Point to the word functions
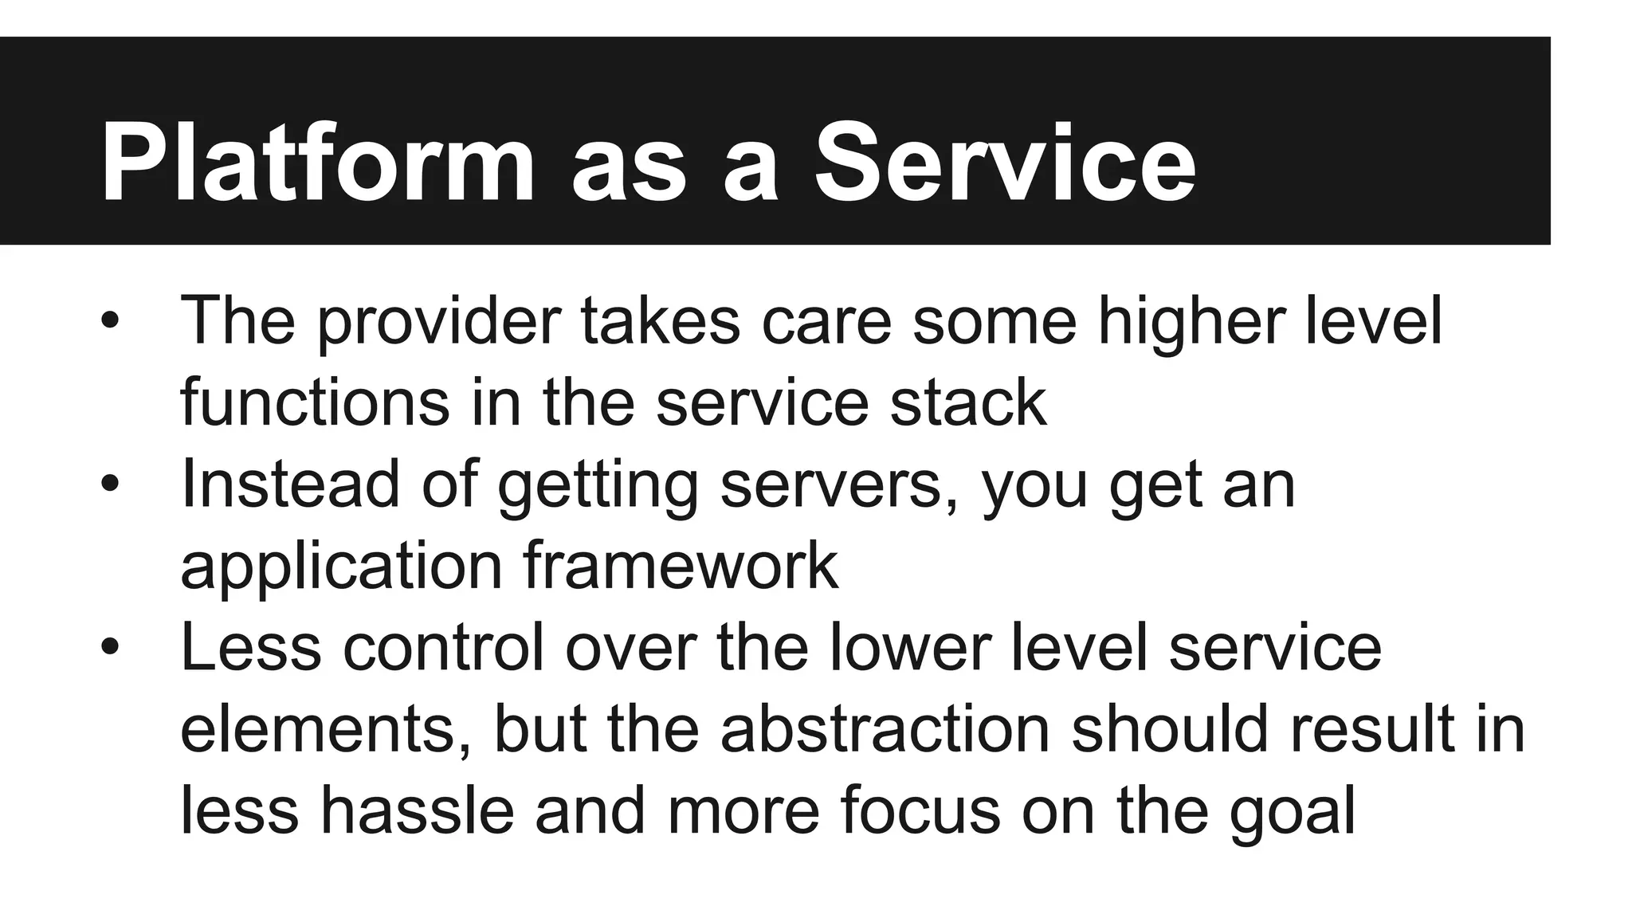pos(315,402)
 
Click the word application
pos(341,567)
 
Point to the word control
pos(443,647)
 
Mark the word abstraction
pos(885,729)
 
